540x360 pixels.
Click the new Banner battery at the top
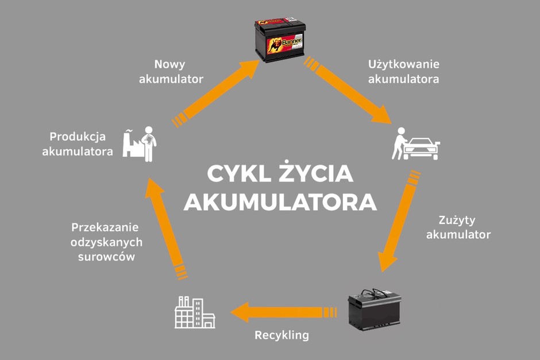280,40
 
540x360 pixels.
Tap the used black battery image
375,309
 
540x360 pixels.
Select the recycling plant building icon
195,312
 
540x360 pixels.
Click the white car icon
422,149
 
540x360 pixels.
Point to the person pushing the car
399,144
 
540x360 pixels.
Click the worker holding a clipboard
149,144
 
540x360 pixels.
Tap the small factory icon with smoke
132,144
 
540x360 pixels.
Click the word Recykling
281,335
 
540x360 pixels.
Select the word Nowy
169,64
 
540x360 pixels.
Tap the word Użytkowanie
404,64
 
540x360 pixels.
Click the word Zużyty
457,220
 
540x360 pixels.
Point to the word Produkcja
78,137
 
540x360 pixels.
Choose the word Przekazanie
105,227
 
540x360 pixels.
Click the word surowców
106,257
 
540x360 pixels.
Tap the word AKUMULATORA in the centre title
280,202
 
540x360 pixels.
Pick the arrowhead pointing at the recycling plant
240,312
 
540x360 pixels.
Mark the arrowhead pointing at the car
381,115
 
